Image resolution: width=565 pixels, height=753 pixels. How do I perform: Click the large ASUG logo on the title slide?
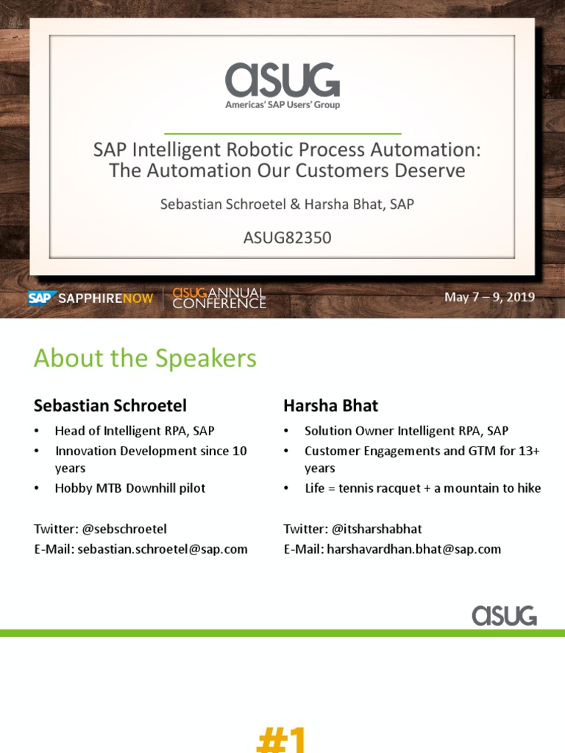282,79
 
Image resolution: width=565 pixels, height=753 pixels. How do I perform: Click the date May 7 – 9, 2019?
489,298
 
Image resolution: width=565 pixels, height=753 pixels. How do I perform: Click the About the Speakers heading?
145,359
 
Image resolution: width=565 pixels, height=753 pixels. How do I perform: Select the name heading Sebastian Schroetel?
110,405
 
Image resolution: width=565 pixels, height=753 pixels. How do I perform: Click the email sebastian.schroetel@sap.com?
163,549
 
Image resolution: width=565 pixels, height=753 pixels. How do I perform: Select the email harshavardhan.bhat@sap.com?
414,549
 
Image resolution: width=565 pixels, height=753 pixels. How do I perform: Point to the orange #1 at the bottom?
282,739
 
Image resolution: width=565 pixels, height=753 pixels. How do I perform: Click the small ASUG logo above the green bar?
505,615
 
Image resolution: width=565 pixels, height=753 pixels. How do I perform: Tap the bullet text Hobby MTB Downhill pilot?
130,488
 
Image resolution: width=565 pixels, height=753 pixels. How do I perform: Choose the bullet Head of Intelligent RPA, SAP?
135,431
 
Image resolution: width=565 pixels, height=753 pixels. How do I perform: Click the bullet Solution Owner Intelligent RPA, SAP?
406,431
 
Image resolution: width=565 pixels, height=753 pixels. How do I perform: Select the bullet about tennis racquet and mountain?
422,488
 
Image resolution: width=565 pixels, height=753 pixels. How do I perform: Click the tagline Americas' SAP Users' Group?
282,104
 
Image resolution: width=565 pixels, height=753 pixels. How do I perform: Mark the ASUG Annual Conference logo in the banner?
218,298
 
